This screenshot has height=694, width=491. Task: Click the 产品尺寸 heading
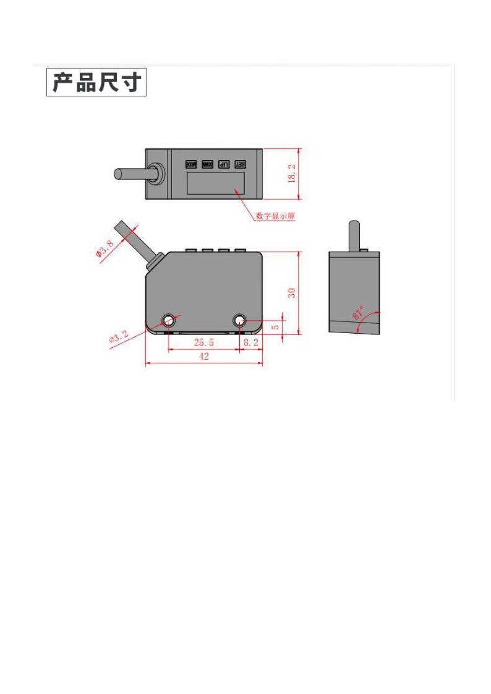96,82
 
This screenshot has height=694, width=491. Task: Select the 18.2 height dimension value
292,174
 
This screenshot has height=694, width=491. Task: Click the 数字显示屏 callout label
275,216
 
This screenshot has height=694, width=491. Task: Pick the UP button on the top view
224,164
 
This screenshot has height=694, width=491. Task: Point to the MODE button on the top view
190,164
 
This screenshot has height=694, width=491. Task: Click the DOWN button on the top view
207,164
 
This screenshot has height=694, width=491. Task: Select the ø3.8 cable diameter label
104,250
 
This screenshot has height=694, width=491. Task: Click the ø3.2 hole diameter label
118,338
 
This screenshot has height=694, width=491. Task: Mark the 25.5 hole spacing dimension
204,342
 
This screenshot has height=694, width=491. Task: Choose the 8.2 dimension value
250,342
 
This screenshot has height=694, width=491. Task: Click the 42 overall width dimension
203,356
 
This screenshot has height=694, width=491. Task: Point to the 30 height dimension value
292,292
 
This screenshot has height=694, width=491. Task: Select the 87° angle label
359,311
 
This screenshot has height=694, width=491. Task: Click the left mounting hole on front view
168,320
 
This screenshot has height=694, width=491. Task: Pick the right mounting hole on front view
240,320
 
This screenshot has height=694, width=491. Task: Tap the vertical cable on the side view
354,235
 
